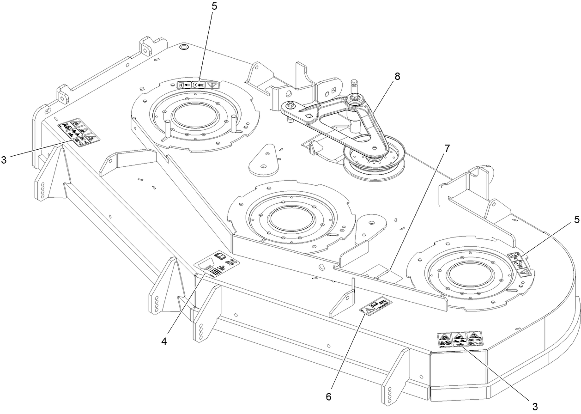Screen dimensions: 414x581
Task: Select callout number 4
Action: (164, 342)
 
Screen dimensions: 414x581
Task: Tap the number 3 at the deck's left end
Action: (4, 160)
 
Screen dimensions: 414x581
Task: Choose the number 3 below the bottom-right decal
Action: (535, 407)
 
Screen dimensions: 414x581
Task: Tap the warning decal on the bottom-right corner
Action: (460, 340)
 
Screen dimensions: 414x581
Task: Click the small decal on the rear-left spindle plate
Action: (199, 85)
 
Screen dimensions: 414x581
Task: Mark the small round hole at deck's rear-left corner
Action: (183, 47)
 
